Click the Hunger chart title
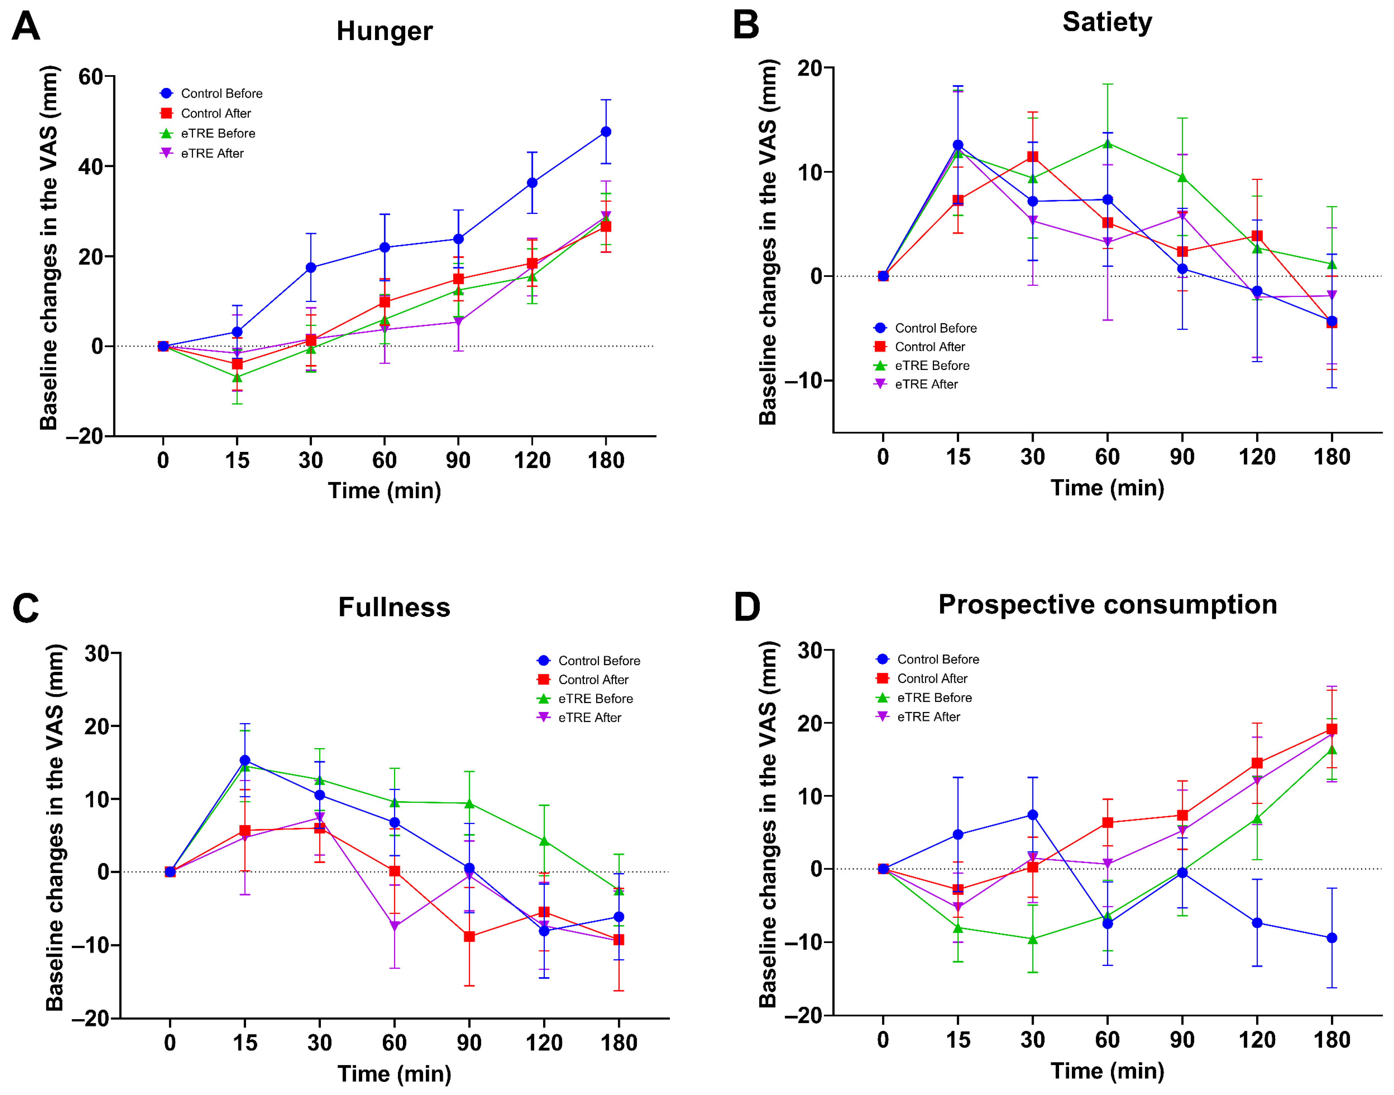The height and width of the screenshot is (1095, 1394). [384, 31]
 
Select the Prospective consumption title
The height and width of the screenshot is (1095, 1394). [1107, 605]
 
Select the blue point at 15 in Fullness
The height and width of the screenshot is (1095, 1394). [244, 760]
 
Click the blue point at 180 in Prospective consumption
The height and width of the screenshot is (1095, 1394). [1332, 938]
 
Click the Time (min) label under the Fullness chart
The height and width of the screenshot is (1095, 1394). [394, 1073]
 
